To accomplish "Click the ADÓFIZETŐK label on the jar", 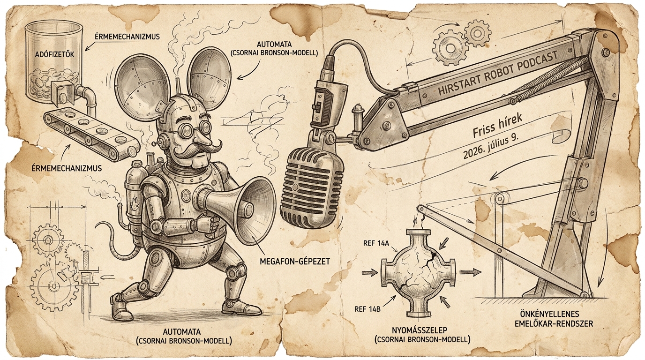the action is [x=54, y=54].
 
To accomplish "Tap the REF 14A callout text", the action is [x=376, y=243].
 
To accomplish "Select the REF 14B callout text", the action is [x=367, y=309].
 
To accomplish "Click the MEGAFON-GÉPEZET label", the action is [x=294, y=262].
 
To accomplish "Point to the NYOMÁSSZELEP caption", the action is [x=422, y=330].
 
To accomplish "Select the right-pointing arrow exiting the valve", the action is [x=471, y=272].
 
